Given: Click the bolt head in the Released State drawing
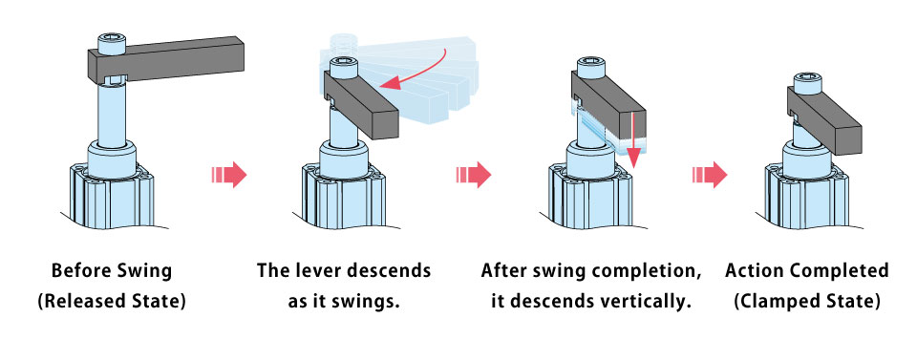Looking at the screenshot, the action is [112, 44].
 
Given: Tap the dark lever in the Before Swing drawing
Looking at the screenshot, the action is [165, 60].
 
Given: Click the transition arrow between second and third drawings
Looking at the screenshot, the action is [474, 174].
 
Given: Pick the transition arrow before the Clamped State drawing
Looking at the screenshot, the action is [710, 174].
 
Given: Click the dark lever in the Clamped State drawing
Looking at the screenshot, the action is [824, 119].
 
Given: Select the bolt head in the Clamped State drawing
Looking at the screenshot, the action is [805, 83].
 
